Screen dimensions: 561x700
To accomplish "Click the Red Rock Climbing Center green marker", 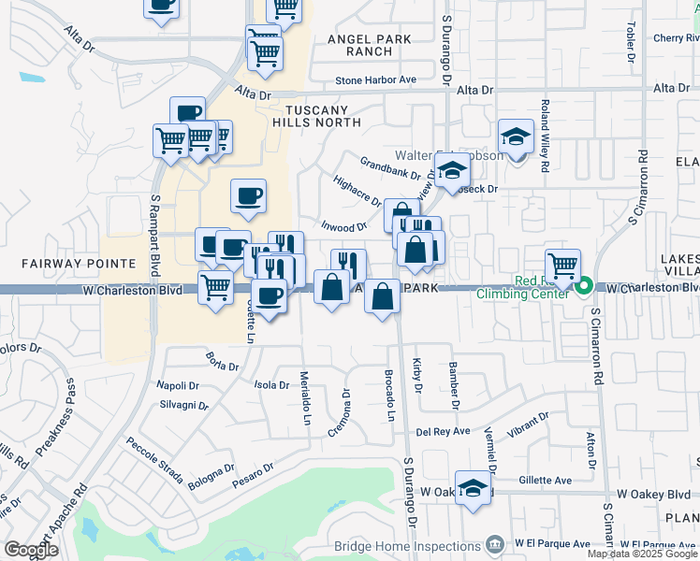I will (584, 286).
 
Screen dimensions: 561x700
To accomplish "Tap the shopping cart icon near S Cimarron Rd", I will (562, 266).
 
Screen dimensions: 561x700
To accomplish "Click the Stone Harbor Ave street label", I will (375, 80).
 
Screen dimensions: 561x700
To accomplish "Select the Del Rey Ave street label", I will (443, 432).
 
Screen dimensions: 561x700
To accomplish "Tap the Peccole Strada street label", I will (154, 459).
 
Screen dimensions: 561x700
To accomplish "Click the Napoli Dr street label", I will (177, 385).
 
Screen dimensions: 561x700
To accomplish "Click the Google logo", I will (31, 549).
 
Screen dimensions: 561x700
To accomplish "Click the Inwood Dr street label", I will (343, 227).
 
